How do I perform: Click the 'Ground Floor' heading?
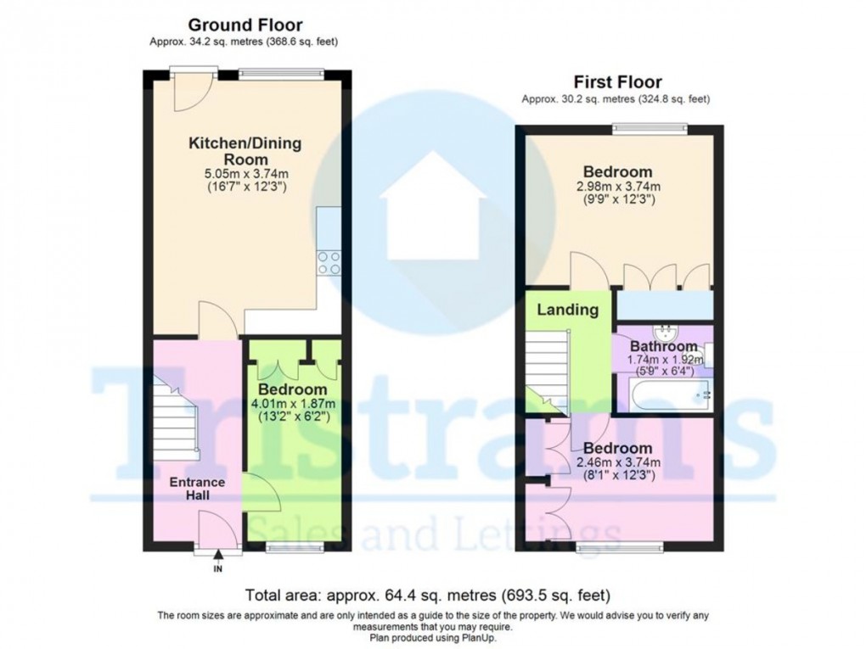pos(245,25)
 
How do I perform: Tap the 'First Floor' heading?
pos(617,82)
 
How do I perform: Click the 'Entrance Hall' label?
pos(197,489)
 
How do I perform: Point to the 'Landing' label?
pos(567,310)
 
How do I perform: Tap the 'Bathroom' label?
pos(663,346)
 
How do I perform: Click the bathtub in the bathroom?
pos(666,394)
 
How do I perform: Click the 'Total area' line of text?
pos(427,595)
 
